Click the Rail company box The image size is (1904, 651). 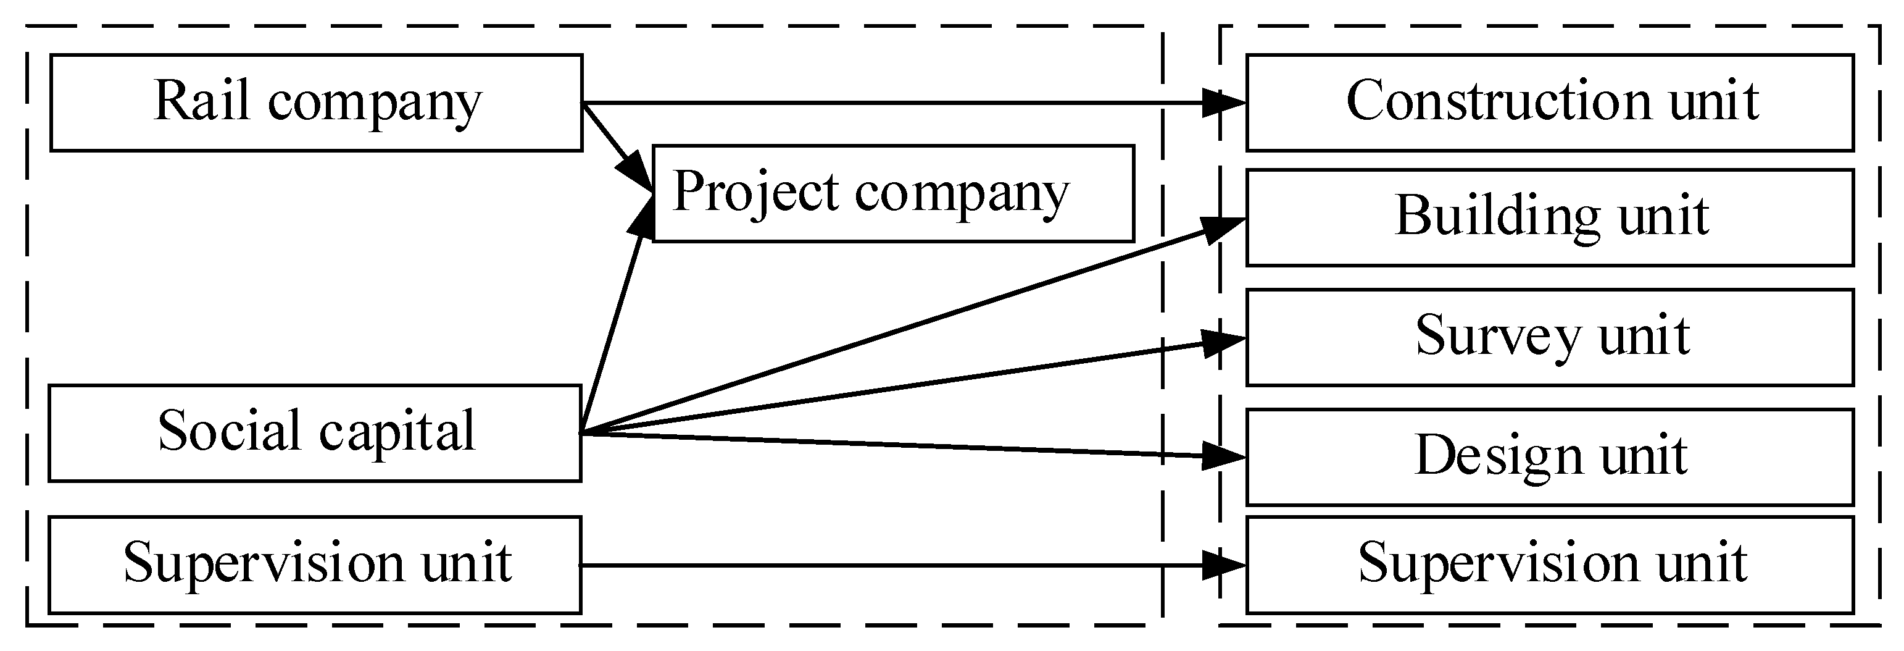point(317,103)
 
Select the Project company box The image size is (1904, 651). point(893,193)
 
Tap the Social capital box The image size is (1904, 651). point(315,433)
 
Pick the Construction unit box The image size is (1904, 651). point(1549,103)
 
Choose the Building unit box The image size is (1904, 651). point(1549,217)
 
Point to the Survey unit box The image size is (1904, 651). point(1549,337)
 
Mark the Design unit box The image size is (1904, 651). point(1549,457)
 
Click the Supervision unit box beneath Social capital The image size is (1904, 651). point(315,565)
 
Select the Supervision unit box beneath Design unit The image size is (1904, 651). point(1549,565)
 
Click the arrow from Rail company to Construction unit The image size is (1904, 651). point(887,103)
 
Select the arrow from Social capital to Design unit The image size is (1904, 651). point(887,445)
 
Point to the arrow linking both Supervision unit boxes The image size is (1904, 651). point(887,566)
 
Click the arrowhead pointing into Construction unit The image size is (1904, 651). point(1223,103)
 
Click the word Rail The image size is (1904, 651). point(201,101)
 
